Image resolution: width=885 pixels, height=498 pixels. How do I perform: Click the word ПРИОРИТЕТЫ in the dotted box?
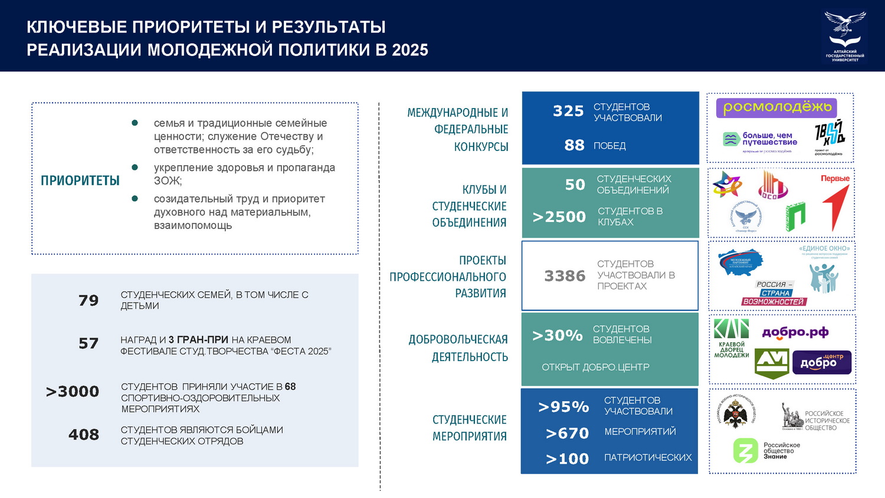pyautogui.click(x=80, y=181)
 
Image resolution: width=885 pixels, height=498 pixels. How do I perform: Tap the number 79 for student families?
pyautogui.click(x=88, y=300)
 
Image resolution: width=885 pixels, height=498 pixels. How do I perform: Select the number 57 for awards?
pyautogui.click(x=88, y=343)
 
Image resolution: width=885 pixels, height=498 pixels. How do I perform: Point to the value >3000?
pyautogui.click(x=73, y=391)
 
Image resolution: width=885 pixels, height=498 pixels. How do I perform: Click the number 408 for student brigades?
pyautogui.click(x=84, y=435)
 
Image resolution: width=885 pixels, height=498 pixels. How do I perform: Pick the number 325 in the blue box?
pyautogui.click(x=568, y=111)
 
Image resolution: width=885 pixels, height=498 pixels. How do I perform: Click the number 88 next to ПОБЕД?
pyautogui.click(x=574, y=145)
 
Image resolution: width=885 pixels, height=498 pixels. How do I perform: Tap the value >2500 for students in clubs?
pyautogui.click(x=559, y=217)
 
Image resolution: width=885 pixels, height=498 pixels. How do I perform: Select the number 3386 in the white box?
pyautogui.click(x=565, y=276)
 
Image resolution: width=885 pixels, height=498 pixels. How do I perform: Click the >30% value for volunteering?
pyautogui.click(x=557, y=335)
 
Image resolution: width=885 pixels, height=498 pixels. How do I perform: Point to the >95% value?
pyautogui.click(x=563, y=407)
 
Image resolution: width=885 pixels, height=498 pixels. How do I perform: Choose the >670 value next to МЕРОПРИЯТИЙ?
pyautogui.click(x=567, y=433)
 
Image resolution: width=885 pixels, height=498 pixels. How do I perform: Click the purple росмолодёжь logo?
pyautogui.click(x=776, y=107)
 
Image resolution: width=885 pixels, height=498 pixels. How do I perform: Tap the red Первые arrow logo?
pyautogui.click(x=836, y=204)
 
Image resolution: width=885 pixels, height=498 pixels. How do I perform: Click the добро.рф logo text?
pyautogui.click(x=795, y=332)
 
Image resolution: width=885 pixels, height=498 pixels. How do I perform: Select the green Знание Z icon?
pyautogui.click(x=745, y=451)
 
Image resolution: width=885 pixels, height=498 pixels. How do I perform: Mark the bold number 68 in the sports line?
pyautogui.click(x=290, y=386)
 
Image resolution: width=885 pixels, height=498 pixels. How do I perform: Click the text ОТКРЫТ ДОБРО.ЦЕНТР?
pyautogui.click(x=595, y=367)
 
